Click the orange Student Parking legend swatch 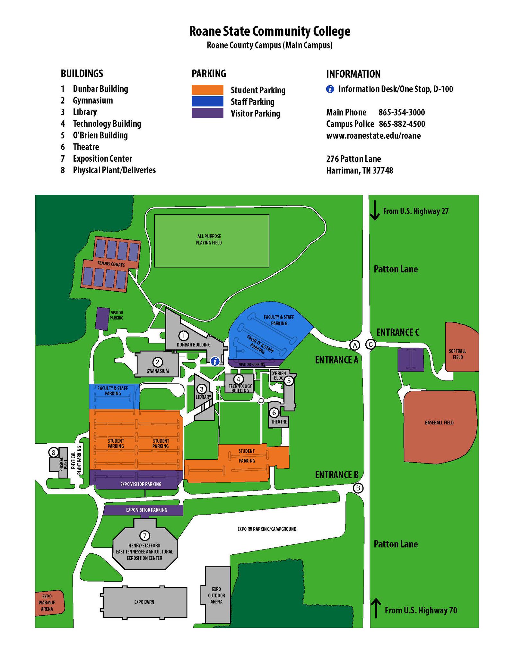tap(207, 90)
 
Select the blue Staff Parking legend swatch tap(207, 101)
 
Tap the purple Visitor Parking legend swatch tap(207, 113)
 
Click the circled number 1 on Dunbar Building tap(184, 336)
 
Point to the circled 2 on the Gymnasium tap(158, 362)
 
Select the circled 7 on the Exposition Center tap(145, 535)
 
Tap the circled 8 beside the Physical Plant tap(54, 453)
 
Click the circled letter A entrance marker tap(355, 345)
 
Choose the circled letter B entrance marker tap(358, 488)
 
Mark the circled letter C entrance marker tap(371, 345)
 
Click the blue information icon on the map tap(215, 361)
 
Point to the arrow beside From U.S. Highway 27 tap(375, 210)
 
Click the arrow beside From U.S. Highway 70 tap(376, 608)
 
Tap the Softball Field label tap(457, 354)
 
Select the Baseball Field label tap(439, 423)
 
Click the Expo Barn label tap(144, 602)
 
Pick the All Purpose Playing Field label tap(209, 239)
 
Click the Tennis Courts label tap(111, 264)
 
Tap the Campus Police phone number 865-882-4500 tap(402, 124)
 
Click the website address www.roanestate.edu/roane tap(373, 136)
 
